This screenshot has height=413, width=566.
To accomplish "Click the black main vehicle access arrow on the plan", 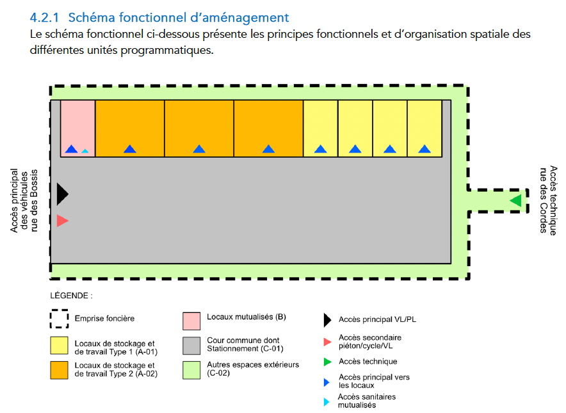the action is [62, 194].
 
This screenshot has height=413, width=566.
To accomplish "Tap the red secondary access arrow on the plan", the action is [62, 221].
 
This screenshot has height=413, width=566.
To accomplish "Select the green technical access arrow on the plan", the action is [516, 201].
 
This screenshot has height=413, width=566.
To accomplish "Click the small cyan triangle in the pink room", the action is [85, 151].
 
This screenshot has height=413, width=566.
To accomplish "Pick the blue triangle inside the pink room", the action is [72, 149].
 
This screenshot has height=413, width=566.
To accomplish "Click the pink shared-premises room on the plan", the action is [77, 128].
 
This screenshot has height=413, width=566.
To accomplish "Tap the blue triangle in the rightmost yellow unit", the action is [424, 149].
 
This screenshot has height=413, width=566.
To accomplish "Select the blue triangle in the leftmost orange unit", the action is [130, 149].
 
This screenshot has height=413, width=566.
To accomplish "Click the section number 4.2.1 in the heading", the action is [44, 17].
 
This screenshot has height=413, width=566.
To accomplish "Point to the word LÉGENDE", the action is [69, 296].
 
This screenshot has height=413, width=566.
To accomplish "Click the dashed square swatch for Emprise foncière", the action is [59, 319].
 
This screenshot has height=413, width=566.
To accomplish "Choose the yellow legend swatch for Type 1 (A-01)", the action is [59, 346].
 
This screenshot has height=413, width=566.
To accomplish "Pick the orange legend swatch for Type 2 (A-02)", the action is [59, 370].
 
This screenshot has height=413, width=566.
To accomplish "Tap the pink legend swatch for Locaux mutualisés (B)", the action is [191, 321].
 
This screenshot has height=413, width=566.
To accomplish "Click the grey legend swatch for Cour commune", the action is [191, 346].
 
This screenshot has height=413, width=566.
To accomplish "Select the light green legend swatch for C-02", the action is [191, 370].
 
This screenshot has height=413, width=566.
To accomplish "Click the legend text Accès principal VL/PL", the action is [377, 319].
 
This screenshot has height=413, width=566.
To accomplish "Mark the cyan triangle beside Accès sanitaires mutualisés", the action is [327, 402].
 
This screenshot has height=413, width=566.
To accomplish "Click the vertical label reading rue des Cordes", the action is [543, 200].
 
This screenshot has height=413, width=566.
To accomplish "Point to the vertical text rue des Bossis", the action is [34, 200].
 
